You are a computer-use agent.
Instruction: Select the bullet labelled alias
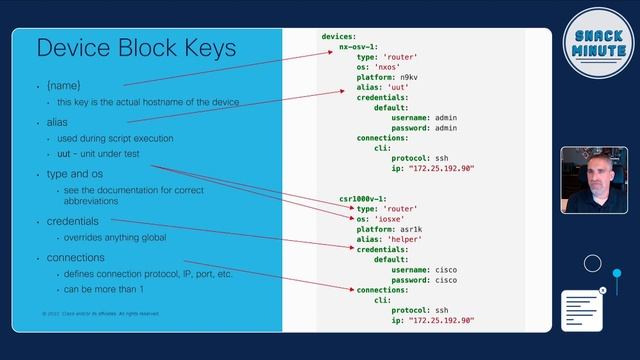coord(56,122)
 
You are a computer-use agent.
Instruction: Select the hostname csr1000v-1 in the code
coord(364,199)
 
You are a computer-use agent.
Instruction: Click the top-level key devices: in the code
coord(338,36)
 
